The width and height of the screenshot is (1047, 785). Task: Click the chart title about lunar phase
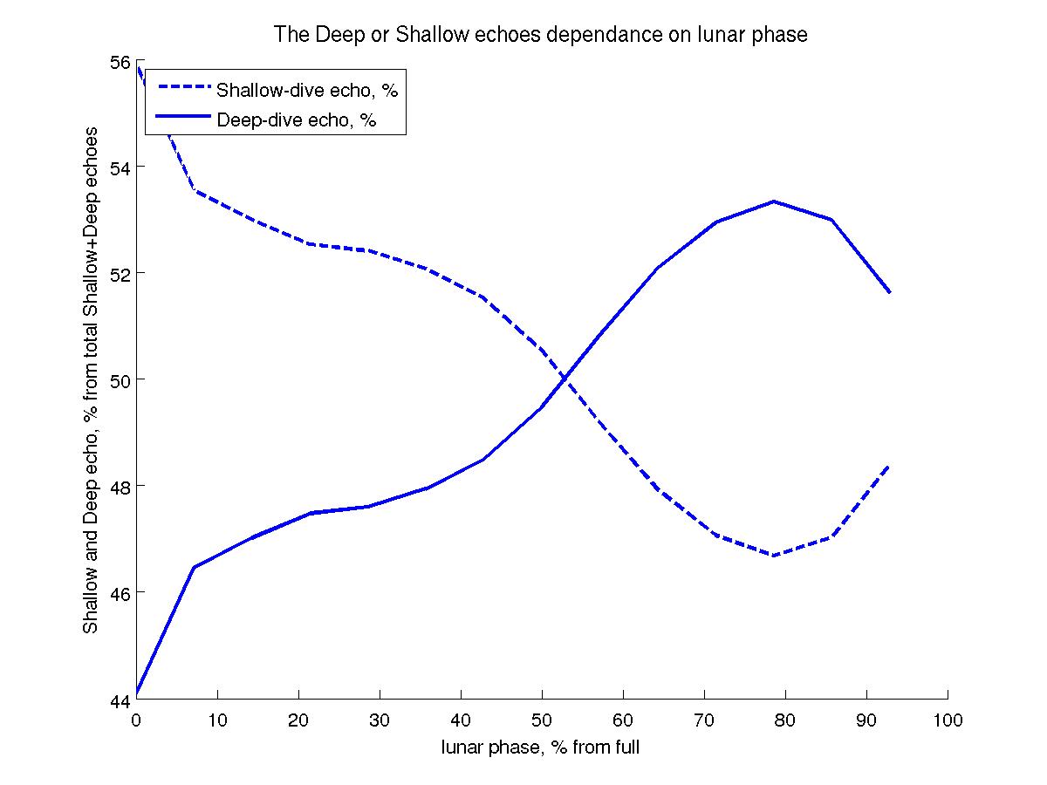541,35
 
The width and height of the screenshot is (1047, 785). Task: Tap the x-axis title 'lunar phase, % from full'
541,747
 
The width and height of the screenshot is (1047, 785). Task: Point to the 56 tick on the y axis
120,62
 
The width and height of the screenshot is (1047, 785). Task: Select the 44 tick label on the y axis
120,699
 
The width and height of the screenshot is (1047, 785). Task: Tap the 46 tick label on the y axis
120,593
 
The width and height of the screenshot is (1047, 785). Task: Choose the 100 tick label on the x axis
948,720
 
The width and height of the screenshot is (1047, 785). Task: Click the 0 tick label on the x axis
136,720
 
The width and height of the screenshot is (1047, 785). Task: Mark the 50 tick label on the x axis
542,720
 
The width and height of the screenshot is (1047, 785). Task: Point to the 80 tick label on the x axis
785,720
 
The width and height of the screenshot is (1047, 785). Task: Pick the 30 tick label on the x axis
380,720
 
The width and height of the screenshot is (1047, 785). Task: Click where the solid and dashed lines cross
566,379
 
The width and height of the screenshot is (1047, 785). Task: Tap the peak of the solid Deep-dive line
774,201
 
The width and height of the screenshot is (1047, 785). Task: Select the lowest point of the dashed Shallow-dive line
774,555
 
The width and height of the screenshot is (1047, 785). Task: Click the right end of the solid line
890,292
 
